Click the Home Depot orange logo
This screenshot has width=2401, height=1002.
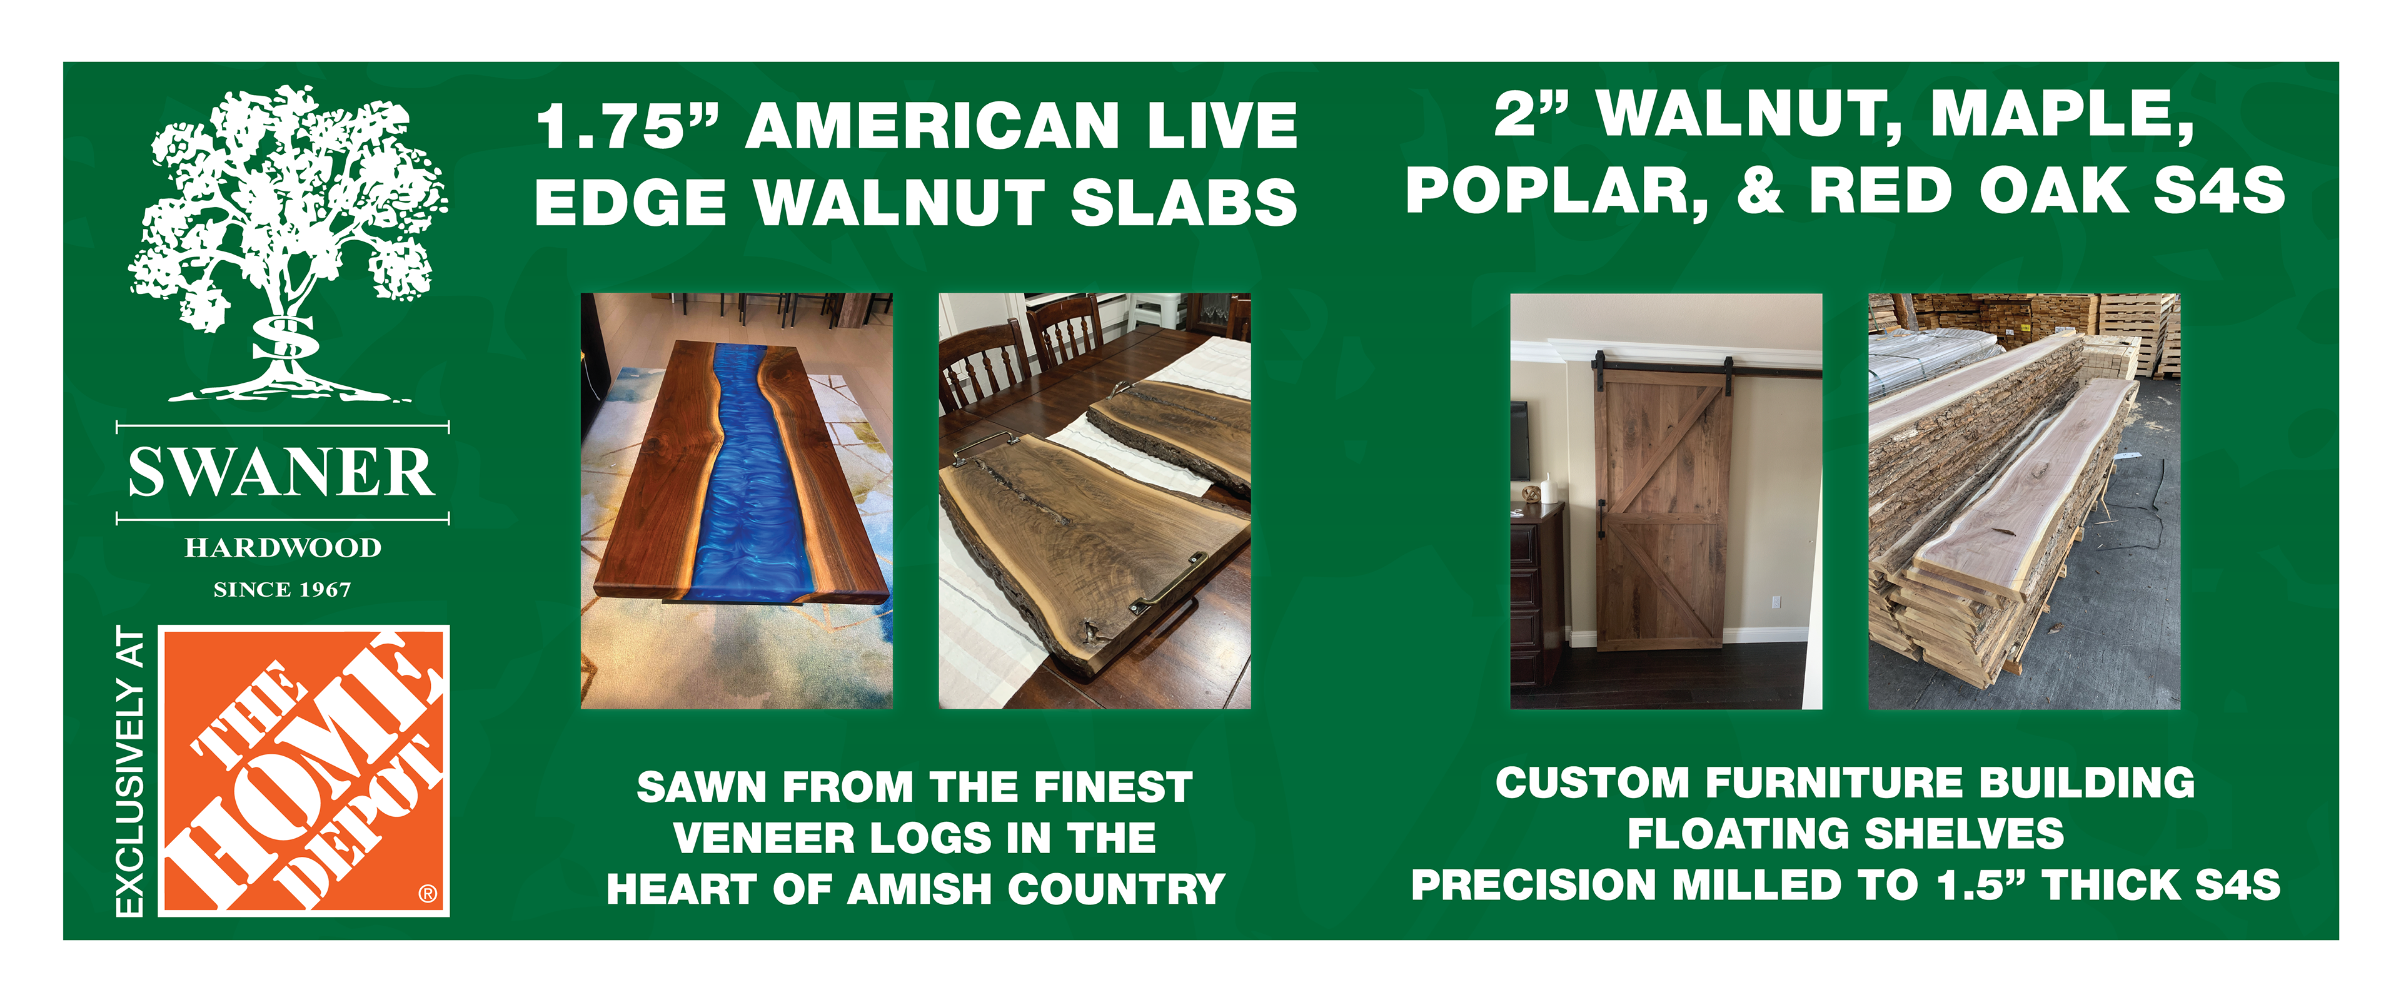pyautogui.click(x=304, y=771)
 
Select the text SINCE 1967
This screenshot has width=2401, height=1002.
pyautogui.click(x=283, y=589)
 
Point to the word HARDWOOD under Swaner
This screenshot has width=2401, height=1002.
pyautogui.click(x=283, y=547)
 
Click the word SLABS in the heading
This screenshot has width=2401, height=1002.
pyautogui.click(x=1184, y=202)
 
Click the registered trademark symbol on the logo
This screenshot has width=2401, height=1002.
pyautogui.click(x=428, y=894)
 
